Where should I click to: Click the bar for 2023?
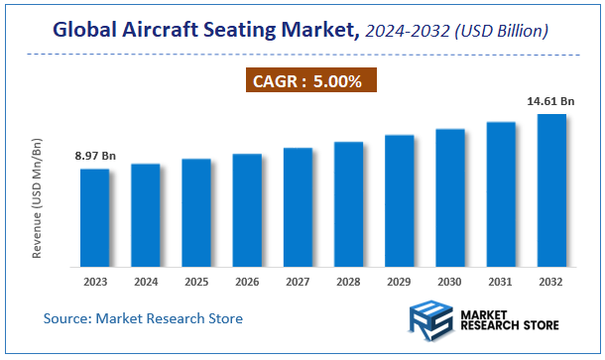pyautogui.click(x=95, y=217)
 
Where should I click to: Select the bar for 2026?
pyautogui.click(x=247, y=210)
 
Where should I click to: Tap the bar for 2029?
pyautogui.click(x=399, y=200)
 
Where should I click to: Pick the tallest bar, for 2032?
pyautogui.click(x=551, y=190)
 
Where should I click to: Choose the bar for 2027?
pyautogui.click(x=298, y=207)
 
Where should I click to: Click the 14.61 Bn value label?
pyautogui.click(x=551, y=101)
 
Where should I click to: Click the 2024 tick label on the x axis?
pyautogui.click(x=146, y=282)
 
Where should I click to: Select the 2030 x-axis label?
pyautogui.click(x=450, y=282)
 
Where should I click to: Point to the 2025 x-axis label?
pyautogui.click(x=196, y=282)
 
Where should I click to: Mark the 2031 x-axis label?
pyautogui.click(x=501, y=282)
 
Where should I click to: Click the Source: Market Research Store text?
pyautogui.click(x=143, y=318)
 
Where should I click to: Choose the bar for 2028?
pyautogui.click(x=348, y=204)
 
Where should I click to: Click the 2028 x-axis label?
pyautogui.click(x=348, y=282)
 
